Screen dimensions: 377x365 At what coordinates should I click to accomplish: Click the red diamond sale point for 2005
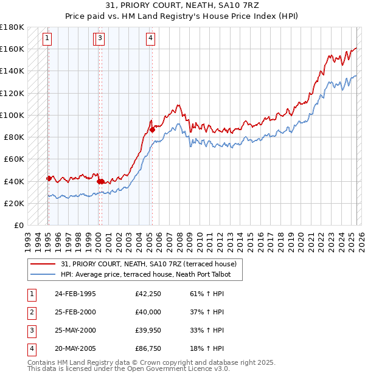coord(152,129)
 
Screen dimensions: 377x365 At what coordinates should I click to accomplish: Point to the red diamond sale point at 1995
coord(49,178)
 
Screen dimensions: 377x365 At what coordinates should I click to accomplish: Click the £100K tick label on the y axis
coord(12,115)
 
